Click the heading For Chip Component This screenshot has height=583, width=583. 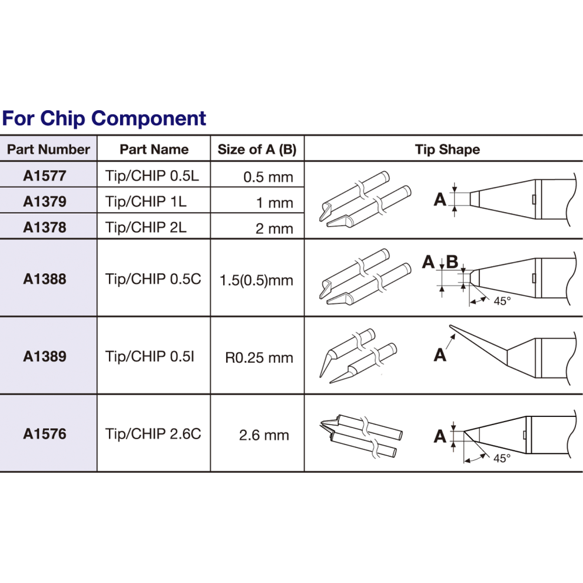pos(104,118)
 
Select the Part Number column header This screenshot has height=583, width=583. pos(48,150)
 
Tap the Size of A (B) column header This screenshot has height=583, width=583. pos(257,150)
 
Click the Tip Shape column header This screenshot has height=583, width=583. pos(447,150)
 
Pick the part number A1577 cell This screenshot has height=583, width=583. pos(45,175)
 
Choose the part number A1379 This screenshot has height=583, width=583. pos(45,201)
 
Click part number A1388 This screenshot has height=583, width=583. pos(45,279)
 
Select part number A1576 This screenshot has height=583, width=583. pos(45,434)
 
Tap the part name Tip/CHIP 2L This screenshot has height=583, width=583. pos(146,227)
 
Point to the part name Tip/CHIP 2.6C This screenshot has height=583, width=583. pos(153,434)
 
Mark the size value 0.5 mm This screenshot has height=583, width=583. pos(268,177)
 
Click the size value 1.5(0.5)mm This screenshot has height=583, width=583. pos(256,280)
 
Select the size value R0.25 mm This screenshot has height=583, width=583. pos(259,357)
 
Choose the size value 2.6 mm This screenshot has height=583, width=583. pos(264,435)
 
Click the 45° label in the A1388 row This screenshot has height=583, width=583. pos(502,301)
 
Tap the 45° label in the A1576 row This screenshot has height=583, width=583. pos(502,459)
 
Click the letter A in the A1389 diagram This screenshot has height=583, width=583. pos(440,355)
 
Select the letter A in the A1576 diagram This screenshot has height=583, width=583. pos(440,436)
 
